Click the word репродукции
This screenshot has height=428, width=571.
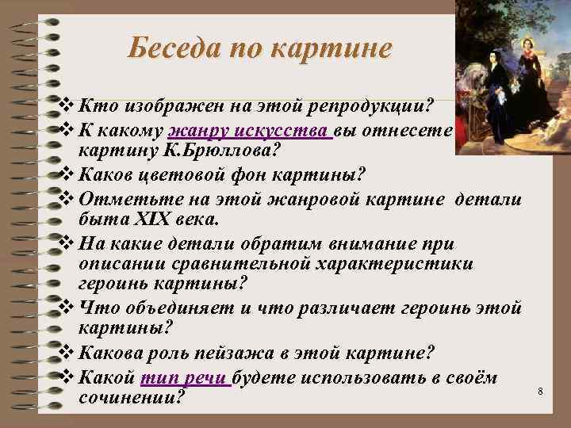[x=376, y=106]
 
